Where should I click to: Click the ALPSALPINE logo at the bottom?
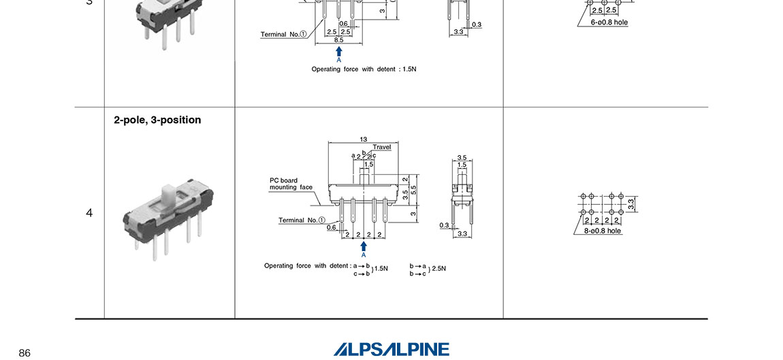(x=391, y=349)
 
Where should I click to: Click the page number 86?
(x=25, y=353)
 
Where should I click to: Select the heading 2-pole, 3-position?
(x=157, y=120)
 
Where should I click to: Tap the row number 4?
(x=89, y=213)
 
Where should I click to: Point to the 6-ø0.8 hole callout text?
(x=609, y=22)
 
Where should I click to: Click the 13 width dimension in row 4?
(x=364, y=140)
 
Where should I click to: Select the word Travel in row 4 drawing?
(x=382, y=147)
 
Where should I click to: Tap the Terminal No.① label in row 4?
(x=302, y=220)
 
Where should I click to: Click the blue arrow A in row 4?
(x=364, y=246)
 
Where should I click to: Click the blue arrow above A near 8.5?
(x=339, y=51)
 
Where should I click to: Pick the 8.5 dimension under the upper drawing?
(x=338, y=40)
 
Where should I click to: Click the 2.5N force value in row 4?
(x=439, y=269)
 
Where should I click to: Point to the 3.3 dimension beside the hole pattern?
(x=631, y=202)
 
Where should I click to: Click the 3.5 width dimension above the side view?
(x=462, y=157)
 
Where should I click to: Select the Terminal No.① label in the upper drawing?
(x=283, y=34)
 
